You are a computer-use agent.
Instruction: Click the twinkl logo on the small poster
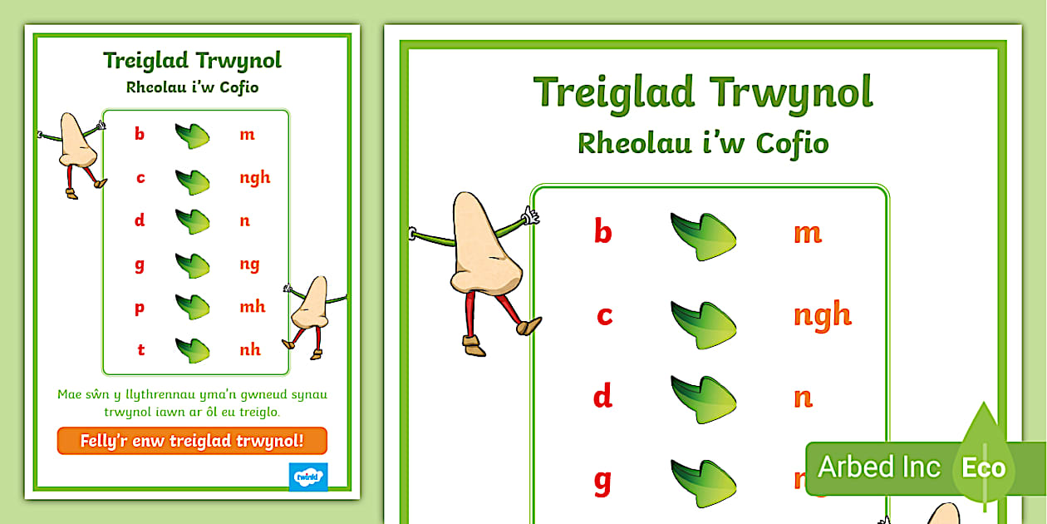pos(308,477)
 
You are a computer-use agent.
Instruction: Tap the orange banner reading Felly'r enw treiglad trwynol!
pos(192,441)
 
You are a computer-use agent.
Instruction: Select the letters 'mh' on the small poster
pos(253,306)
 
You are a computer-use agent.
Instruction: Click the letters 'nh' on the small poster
pos(250,349)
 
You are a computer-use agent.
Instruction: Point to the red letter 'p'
pos(140,308)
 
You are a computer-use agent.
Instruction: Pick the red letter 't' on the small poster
pos(140,349)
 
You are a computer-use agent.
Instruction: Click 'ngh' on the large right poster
pos(822,315)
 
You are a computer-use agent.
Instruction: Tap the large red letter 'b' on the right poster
pos(602,231)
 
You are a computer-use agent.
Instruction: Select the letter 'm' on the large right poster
pos(807,232)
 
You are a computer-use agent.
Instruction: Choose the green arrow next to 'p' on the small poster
pos(192,306)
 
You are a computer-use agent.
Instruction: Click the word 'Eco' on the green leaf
pos(983,467)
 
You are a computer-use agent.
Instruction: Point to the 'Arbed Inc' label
pos(879,467)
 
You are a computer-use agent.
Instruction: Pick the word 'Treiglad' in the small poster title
pos(145,61)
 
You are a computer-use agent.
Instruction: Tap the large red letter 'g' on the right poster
pos(602,480)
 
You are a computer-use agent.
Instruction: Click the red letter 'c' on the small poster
pos(140,177)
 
